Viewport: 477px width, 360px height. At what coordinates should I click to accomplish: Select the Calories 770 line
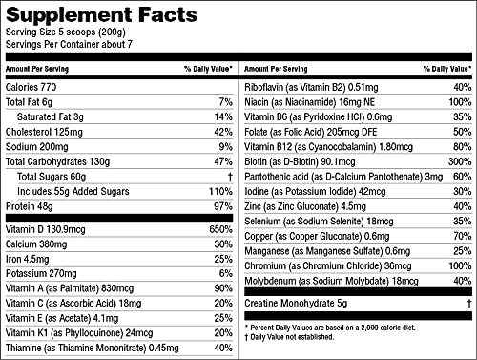32,86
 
